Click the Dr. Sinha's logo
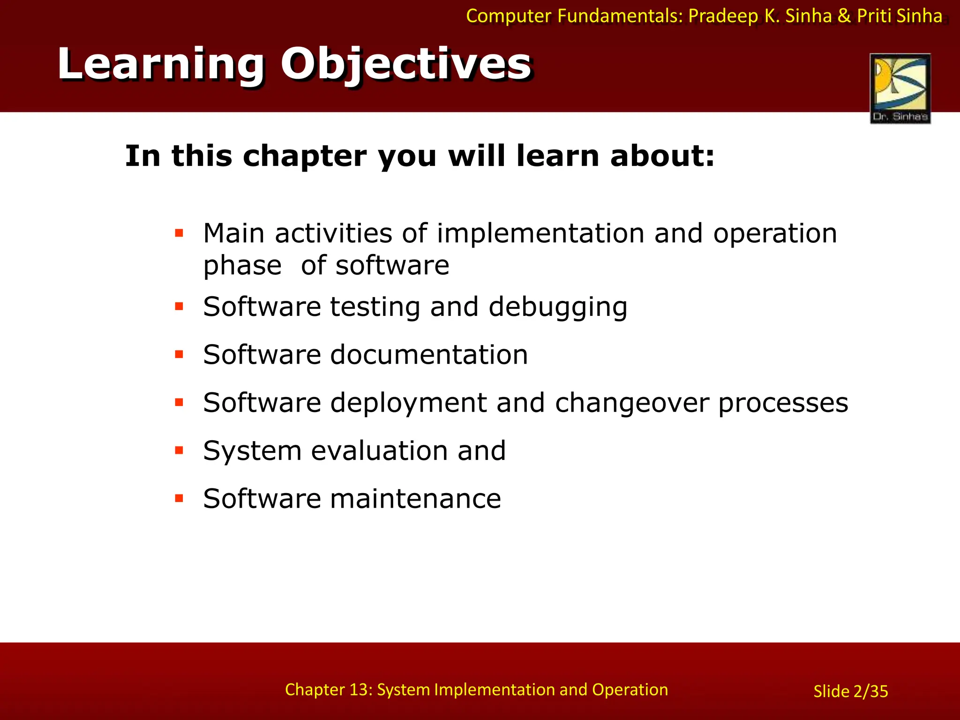(900, 88)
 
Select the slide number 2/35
(870, 691)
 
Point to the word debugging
(558, 307)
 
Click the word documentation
(429, 354)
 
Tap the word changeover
(631, 403)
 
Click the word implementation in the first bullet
(540, 233)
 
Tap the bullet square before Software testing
(179, 307)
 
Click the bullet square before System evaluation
(179, 450)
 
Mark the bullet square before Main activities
(179, 232)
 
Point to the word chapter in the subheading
(304, 156)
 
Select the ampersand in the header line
(844, 16)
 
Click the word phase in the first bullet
(242, 266)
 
